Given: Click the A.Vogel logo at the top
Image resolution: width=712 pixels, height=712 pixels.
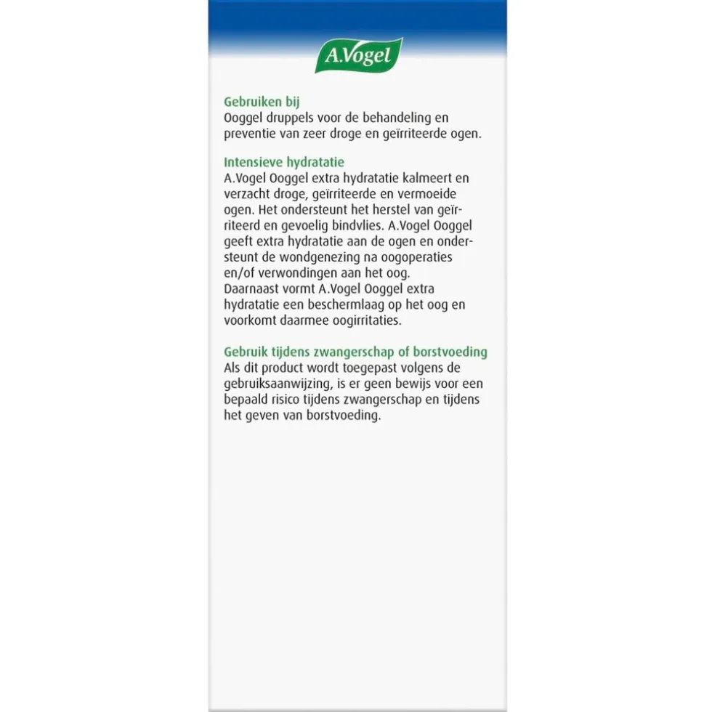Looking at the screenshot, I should click(x=358, y=56).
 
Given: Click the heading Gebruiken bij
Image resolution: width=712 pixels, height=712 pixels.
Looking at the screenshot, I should click(x=258, y=102).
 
